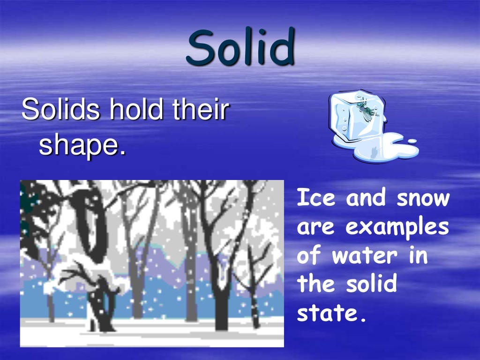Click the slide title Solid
pyautogui.click(x=241, y=48)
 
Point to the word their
pyautogui.click(x=200, y=110)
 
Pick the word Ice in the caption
pyautogui.click(x=316, y=198)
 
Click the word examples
pyautogui.click(x=397, y=228)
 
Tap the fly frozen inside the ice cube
pyautogui.click(x=366, y=110)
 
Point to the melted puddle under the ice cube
pyautogui.click(x=382, y=149)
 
